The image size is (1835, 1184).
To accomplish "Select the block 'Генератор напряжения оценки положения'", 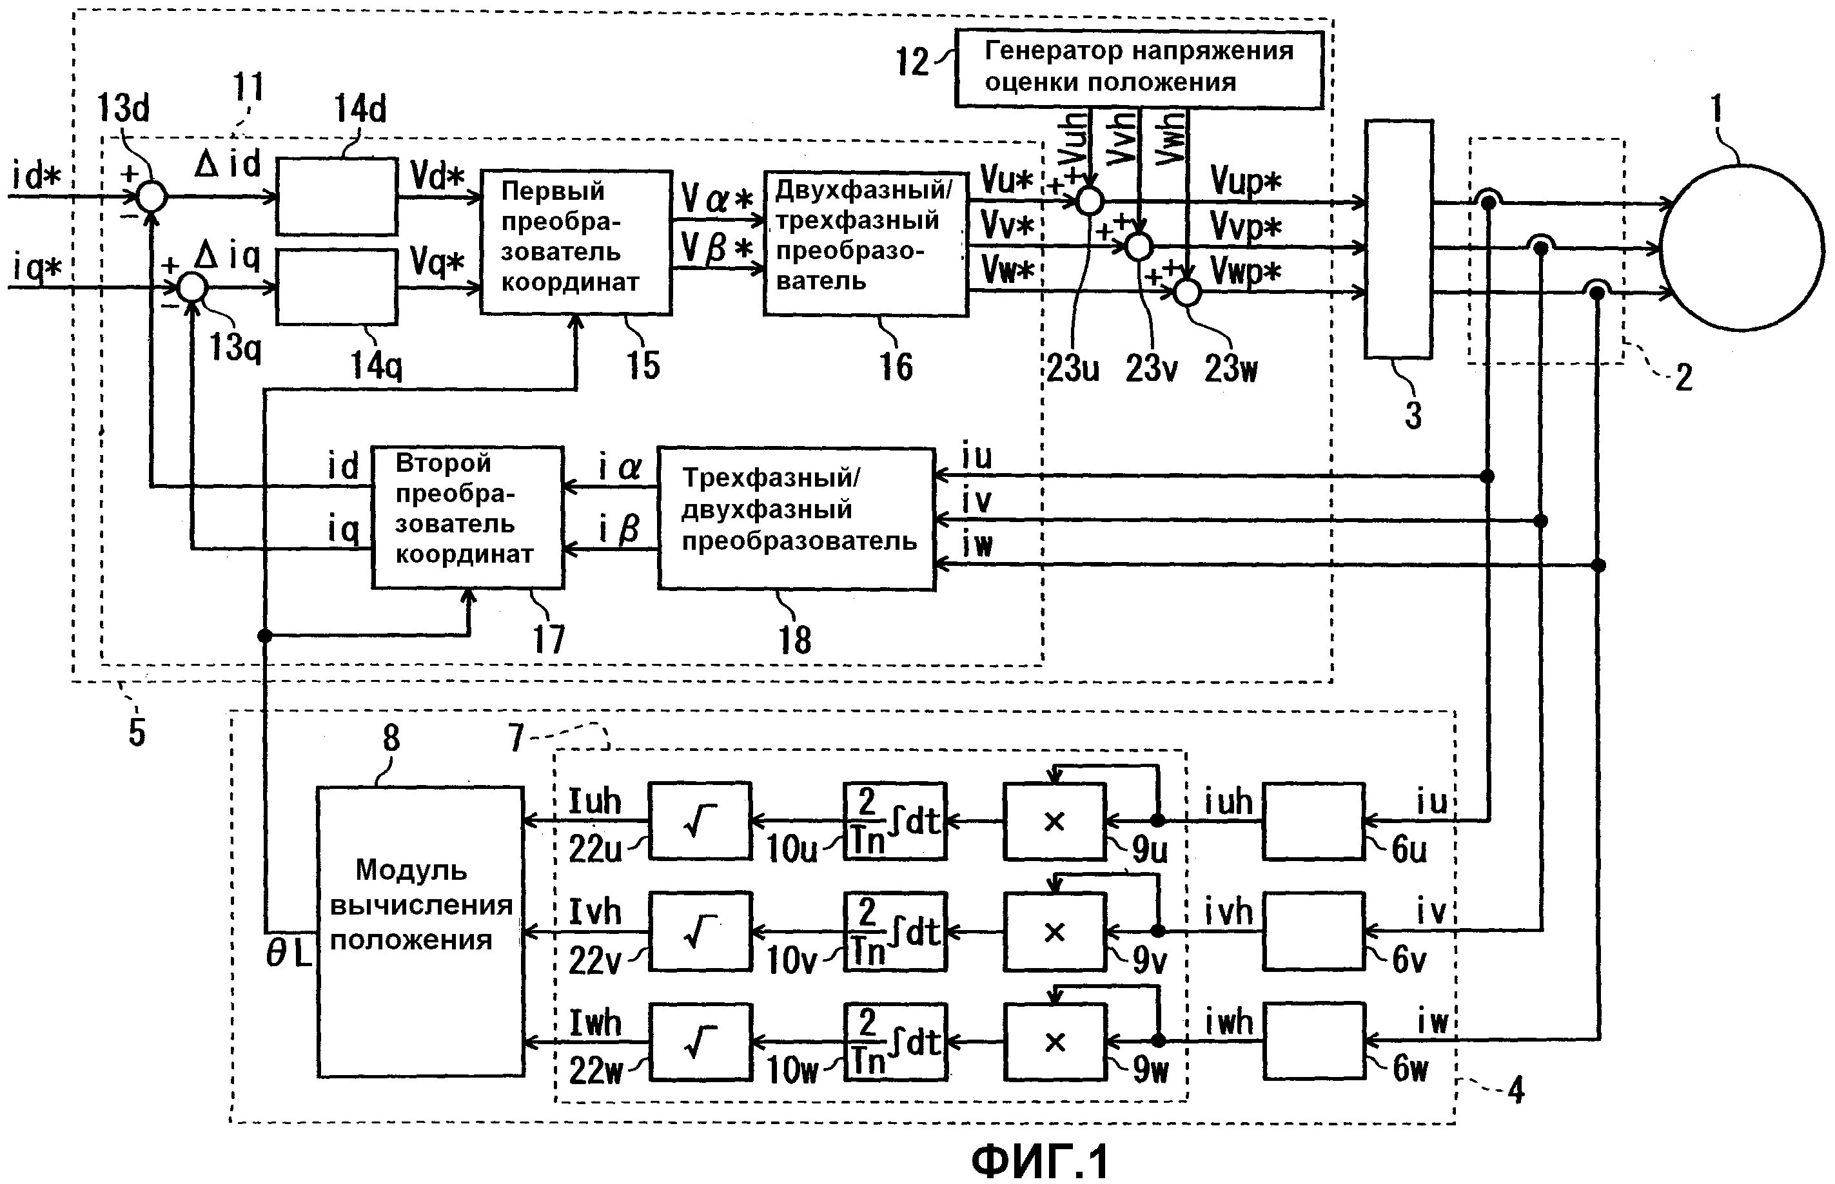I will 1138,68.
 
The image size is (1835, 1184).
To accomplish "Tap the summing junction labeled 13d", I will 152,197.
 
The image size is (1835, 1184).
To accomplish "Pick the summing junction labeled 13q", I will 192,288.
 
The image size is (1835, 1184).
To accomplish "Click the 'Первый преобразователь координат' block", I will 575,242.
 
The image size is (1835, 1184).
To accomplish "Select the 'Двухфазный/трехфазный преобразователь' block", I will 865,243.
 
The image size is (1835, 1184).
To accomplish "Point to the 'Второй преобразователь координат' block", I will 467,517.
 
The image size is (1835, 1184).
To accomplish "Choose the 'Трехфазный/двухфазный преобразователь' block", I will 796,518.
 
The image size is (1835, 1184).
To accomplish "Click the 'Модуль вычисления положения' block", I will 420,930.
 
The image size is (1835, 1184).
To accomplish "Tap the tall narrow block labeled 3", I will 1397,239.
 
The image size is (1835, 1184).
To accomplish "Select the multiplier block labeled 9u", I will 1054,821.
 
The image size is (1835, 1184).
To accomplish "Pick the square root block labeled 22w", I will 699,1041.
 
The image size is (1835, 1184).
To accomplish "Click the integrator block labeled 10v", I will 894,931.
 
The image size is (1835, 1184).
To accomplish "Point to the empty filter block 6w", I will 1313,1041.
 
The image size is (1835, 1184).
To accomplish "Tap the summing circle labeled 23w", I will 1188,293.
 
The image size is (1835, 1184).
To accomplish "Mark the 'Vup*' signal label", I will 1246,182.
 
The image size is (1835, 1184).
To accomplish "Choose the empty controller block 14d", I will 336,196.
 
